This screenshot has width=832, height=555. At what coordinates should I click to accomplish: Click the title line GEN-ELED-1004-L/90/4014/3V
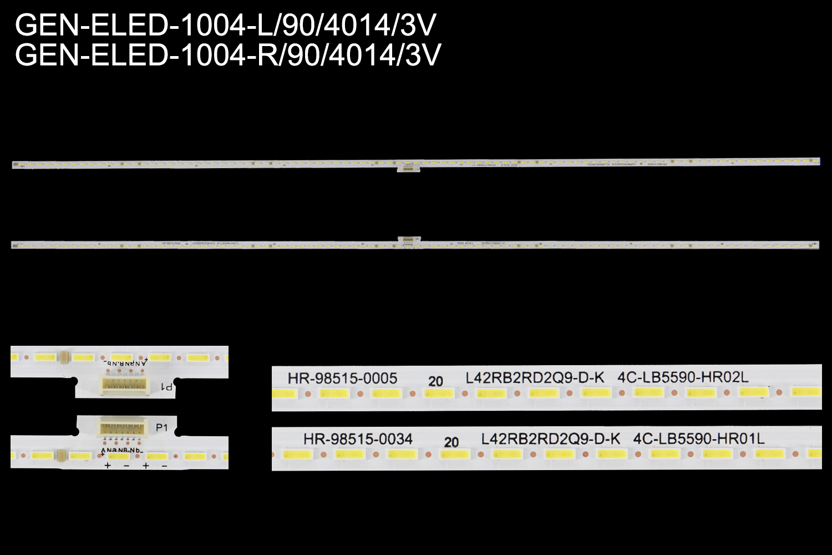click(x=226, y=25)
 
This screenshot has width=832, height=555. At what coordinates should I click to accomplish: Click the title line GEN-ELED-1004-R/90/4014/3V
click(x=228, y=55)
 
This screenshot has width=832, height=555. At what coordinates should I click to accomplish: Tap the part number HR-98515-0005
click(x=342, y=379)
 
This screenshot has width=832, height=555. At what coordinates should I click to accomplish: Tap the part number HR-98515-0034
click(x=358, y=439)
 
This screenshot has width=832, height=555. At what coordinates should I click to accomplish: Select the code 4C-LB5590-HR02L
click(x=683, y=378)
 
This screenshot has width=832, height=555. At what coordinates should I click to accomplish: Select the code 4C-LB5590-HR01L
click(x=699, y=438)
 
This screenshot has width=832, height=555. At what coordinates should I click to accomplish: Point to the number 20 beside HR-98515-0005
click(x=435, y=381)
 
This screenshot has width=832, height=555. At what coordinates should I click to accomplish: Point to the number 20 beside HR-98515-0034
click(x=451, y=442)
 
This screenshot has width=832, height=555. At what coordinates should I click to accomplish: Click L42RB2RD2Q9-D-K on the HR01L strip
click(x=551, y=439)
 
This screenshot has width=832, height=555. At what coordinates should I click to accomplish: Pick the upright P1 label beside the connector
click(x=161, y=428)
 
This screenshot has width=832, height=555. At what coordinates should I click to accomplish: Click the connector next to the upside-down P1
click(x=124, y=384)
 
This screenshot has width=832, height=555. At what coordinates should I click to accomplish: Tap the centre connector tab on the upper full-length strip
click(x=408, y=167)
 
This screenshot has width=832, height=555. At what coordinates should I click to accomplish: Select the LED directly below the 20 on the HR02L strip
click(x=438, y=393)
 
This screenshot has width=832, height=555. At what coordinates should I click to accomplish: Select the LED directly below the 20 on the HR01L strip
click(x=454, y=454)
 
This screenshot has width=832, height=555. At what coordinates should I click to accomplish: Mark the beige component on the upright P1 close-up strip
click(x=63, y=456)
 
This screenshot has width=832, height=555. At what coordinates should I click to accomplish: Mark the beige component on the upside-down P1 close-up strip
click(x=65, y=357)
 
